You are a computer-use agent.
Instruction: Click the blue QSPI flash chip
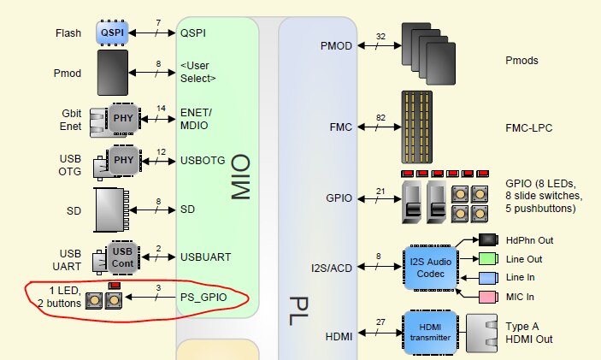pyautogui.click(x=113, y=32)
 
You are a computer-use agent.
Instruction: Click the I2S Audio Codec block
pyautogui.click(x=431, y=266)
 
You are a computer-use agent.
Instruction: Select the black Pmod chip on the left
pyautogui.click(x=113, y=72)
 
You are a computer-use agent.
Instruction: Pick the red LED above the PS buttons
pyautogui.click(x=113, y=285)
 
